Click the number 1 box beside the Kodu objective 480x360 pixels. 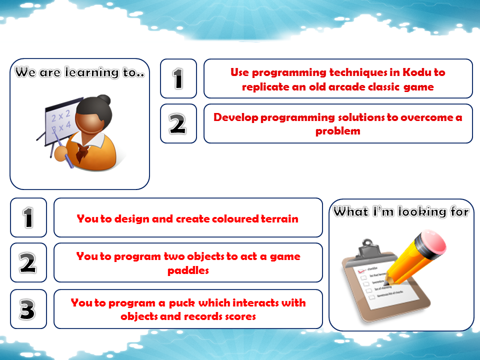[178, 78]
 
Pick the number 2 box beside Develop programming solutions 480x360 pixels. [178, 123]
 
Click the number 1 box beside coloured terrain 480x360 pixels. [28, 217]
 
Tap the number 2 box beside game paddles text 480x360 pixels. [28, 262]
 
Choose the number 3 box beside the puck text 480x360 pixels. [28, 309]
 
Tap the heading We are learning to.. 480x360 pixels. [79, 72]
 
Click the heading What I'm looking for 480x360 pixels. [401, 212]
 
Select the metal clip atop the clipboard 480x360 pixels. [368, 245]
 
